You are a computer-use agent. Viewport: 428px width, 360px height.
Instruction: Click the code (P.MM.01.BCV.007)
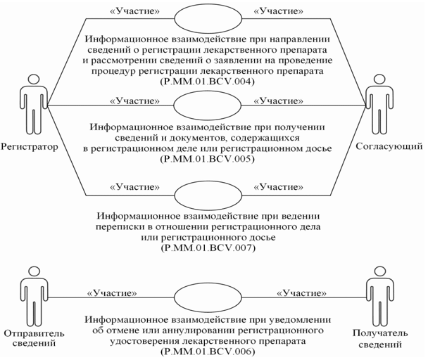[x=203, y=249]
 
